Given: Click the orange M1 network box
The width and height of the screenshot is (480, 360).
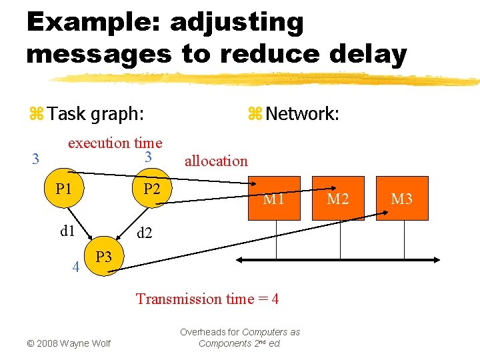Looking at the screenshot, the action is click(x=274, y=198).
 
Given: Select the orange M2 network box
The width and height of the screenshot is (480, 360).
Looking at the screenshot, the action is click(x=338, y=198).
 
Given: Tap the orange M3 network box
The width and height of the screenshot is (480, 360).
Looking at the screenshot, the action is click(x=401, y=198).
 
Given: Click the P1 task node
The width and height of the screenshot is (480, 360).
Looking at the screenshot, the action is click(x=64, y=189).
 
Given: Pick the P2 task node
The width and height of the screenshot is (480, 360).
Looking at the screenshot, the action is click(x=151, y=189).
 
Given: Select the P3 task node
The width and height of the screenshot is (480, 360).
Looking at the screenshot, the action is click(x=103, y=257).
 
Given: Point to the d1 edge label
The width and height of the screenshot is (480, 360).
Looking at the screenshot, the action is click(x=67, y=231).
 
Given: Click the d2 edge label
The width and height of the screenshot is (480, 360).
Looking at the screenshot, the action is click(x=145, y=233).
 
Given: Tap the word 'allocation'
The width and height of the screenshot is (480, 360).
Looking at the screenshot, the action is click(x=215, y=161).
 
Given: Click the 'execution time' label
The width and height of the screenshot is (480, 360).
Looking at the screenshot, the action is click(x=115, y=142).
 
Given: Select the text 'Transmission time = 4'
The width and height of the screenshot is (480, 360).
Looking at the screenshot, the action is click(x=207, y=299).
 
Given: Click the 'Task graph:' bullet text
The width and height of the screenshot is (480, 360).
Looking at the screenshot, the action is click(x=95, y=113).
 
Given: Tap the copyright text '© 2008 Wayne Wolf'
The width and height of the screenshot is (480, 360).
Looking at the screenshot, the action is click(x=68, y=343).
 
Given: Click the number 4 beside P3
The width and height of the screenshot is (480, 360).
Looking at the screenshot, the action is click(x=76, y=269).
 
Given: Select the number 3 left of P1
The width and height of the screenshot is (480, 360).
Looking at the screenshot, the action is click(x=36, y=159).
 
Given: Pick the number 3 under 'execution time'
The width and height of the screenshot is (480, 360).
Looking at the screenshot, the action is click(x=149, y=157).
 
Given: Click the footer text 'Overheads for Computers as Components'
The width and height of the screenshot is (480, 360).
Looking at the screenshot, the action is click(x=240, y=337).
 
